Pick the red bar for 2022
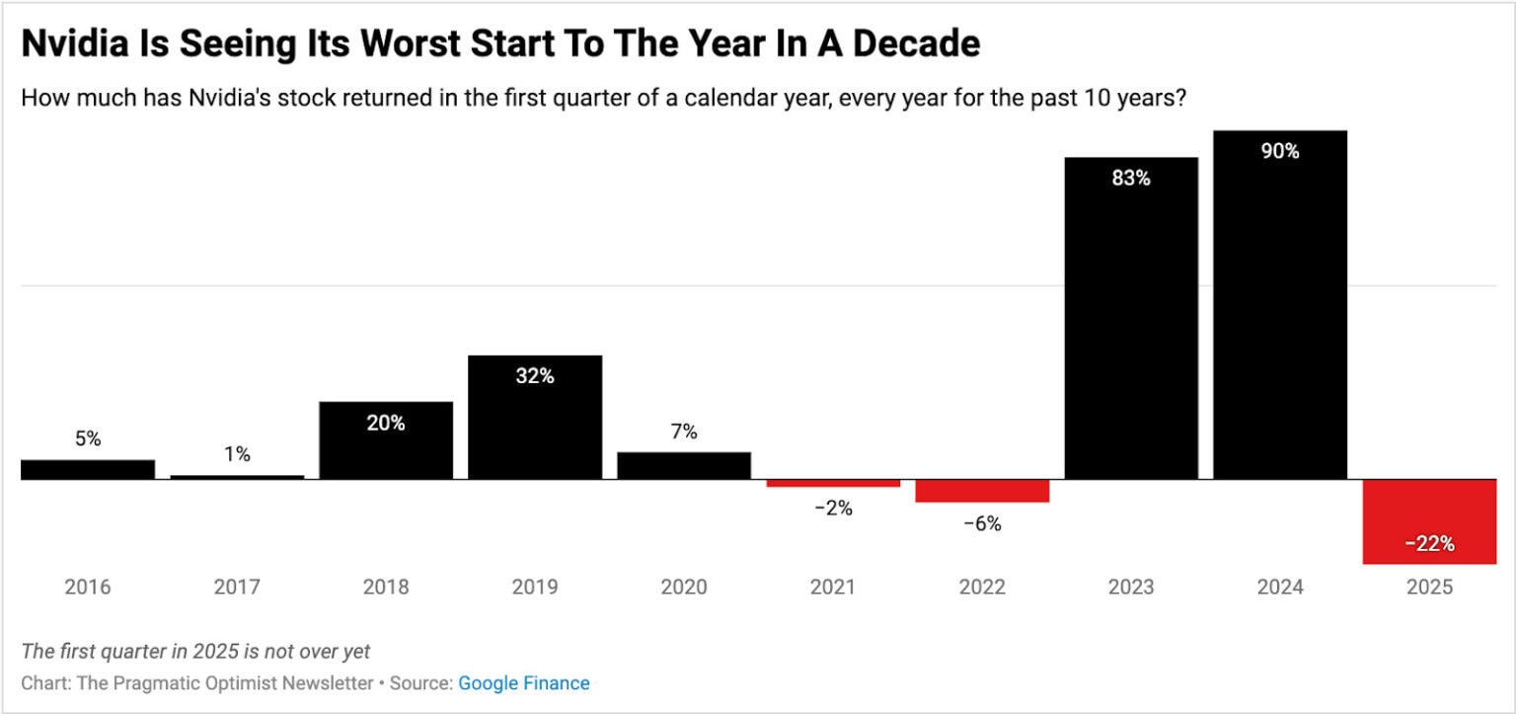pyautogui.click(x=981, y=491)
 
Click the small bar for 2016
pyautogui.click(x=87, y=469)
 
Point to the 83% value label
pyautogui.click(x=1130, y=179)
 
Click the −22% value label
pyautogui.click(x=1428, y=544)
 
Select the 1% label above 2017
pyautogui.click(x=237, y=454)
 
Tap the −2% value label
pyautogui.click(x=833, y=509)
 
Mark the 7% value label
pyautogui.click(x=683, y=432)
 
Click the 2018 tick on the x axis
pyautogui.click(x=385, y=587)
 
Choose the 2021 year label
pyautogui.click(x=833, y=587)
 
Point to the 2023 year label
pyautogui.click(x=1130, y=587)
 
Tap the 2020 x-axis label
pyautogui.click(x=683, y=587)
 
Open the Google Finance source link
pyautogui.click(x=524, y=683)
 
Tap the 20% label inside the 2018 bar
pyautogui.click(x=385, y=423)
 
